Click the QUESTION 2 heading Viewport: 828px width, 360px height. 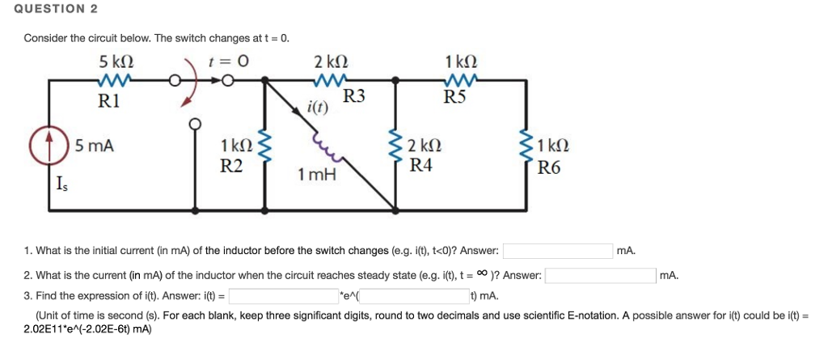(x=49, y=9)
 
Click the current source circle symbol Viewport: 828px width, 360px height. (x=50, y=148)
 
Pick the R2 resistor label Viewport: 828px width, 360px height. (x=232, y=167)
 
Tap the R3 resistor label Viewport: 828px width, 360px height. (x=354, y=98)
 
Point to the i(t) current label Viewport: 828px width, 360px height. (x=318, y=108)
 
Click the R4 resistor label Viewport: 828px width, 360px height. (x=420, y=167)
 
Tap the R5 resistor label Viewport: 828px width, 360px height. (x=455, y=98)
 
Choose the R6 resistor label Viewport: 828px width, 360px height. (x=550, y=169)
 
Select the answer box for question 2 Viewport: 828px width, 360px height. (x=601, y=275)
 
